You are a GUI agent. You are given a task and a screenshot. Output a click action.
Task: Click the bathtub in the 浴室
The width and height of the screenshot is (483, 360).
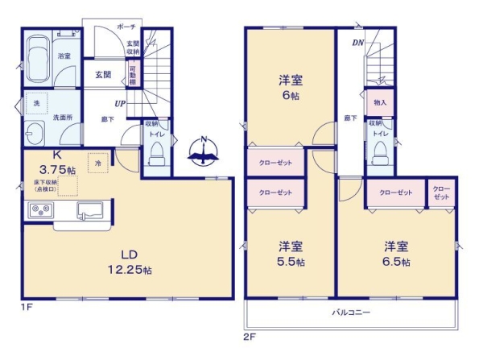[x=37, y=57]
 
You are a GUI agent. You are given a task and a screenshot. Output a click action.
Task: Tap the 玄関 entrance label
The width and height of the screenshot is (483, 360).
[x=103, y=75]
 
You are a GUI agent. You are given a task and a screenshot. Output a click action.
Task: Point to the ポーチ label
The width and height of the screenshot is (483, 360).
[x=126, y=27]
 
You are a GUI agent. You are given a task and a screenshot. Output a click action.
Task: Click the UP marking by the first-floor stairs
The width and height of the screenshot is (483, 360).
[x=119, y=104]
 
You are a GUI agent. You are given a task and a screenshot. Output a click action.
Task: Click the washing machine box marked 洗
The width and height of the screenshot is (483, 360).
[x=35, y=104]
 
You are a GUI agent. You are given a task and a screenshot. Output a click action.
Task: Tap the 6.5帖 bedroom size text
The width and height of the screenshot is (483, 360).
[x=395, y=262]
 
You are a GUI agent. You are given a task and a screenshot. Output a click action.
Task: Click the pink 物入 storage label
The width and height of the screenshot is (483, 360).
[x=380, y=103]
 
